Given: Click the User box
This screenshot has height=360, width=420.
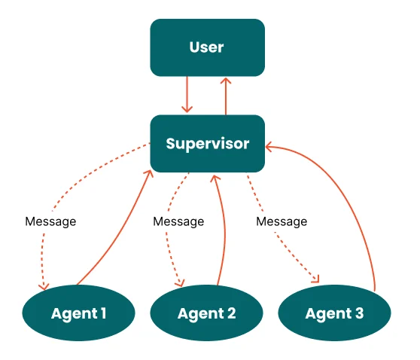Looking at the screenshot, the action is click(207, 47).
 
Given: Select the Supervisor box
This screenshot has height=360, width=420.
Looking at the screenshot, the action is click(207, 143).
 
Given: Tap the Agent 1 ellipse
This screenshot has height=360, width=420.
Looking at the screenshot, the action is click(78, 313).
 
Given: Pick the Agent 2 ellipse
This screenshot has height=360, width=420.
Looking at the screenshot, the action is click(206, 313).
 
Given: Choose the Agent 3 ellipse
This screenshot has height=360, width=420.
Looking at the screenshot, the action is click(334, 313).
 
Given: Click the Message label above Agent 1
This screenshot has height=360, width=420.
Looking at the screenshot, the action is click(50, 221).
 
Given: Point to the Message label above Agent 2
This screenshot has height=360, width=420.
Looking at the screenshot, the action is click(178, 221).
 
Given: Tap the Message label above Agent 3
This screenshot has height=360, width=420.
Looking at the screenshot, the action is click(282, 221).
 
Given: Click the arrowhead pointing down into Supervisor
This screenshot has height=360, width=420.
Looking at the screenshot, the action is click(187, 109).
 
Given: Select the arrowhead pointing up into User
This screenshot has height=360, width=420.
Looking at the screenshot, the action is click(226, 81).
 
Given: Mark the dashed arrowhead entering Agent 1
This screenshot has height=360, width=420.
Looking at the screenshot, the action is click(44, 286).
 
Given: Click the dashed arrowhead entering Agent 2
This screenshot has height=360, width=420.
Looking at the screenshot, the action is click(180, 283).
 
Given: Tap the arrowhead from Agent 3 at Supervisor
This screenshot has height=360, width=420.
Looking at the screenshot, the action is click(269, 147).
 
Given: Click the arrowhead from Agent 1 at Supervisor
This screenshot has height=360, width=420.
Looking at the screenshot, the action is click(149, 174).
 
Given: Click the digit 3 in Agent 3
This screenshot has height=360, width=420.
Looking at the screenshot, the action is click(359, 313).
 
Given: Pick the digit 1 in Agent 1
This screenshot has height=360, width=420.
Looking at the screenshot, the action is click(103, 313).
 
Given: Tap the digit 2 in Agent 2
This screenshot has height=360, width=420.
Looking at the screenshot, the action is click(231, 313).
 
